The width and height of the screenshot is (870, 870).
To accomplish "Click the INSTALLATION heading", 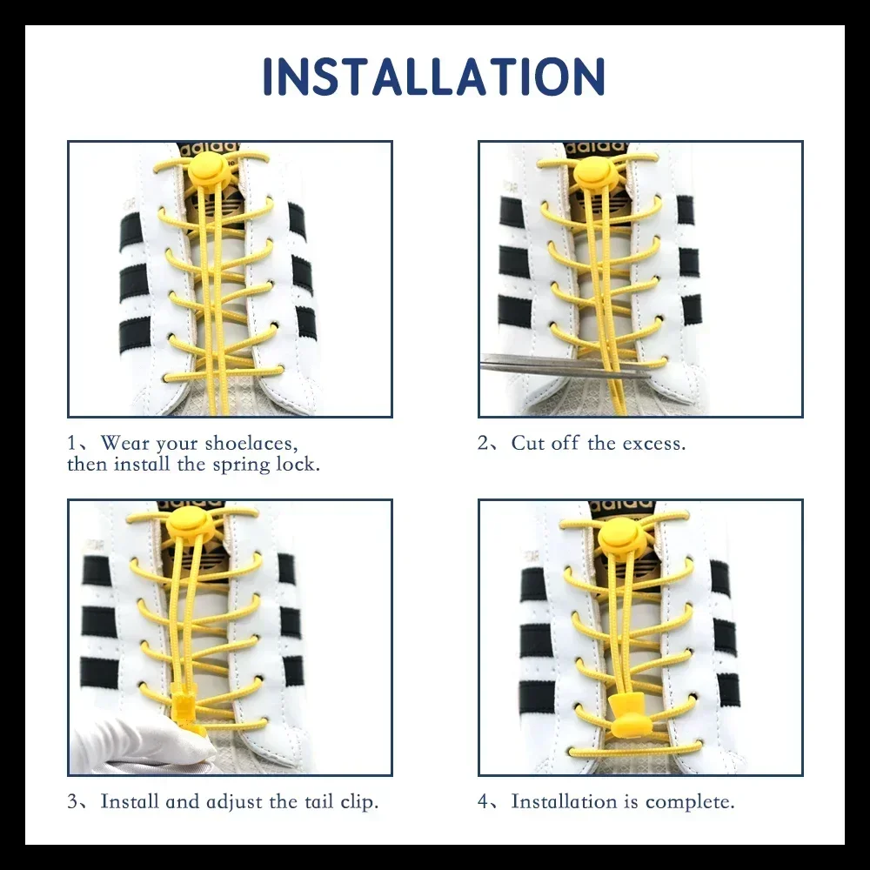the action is (433, 76).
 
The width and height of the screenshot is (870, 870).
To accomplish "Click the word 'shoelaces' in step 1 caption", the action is (251, 444).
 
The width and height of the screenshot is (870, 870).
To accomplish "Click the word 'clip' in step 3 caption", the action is (361, 802).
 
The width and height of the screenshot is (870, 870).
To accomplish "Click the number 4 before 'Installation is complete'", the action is (483, 802).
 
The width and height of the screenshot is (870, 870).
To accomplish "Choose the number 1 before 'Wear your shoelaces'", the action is (71, 444).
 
